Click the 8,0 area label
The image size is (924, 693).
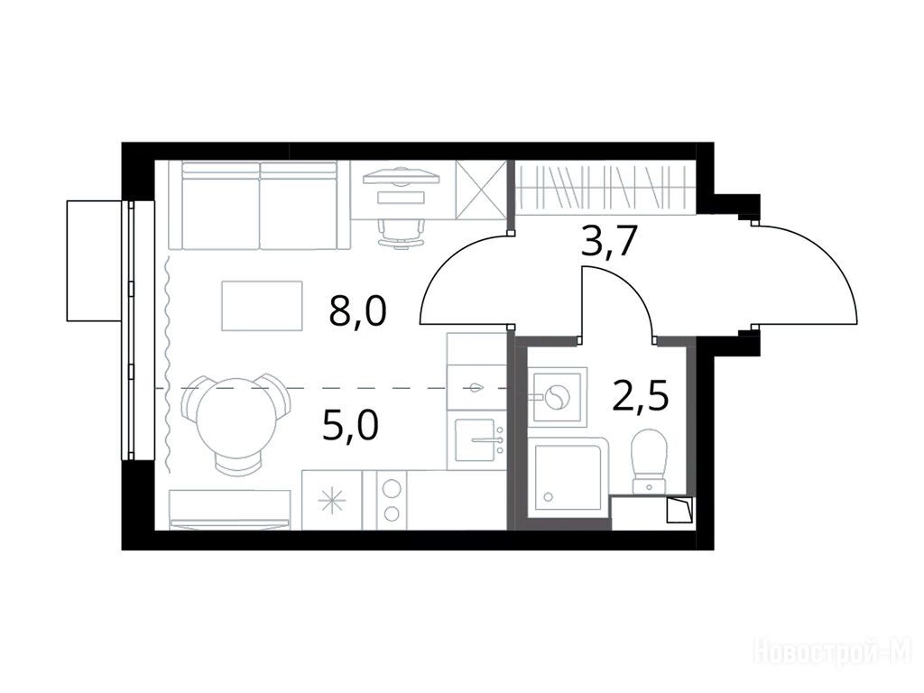(357, 311)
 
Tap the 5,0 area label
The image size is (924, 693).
(351, 427)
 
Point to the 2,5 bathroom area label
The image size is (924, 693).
(641, 397)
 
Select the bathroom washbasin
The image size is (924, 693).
(557, 397)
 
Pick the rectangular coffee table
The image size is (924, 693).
(263, 305)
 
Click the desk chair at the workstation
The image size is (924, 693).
(402, 234)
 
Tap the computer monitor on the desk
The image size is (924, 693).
(402, 176)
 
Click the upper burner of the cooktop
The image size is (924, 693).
(392, 488)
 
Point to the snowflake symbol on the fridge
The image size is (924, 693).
(332, 501)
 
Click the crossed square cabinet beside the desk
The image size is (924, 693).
(482, 189)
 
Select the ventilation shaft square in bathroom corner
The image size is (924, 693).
(679, 511)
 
